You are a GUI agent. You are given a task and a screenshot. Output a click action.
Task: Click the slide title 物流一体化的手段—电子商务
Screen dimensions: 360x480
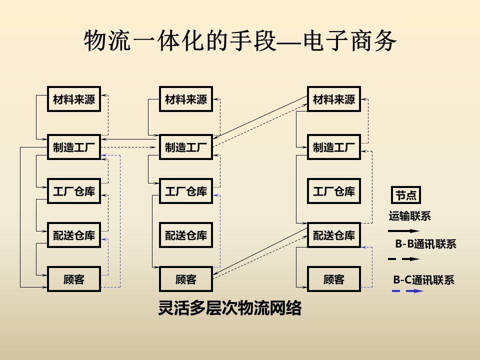[x=240, y=41]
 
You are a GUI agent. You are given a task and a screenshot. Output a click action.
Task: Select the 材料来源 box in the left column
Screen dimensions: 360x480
[x=74, y=99]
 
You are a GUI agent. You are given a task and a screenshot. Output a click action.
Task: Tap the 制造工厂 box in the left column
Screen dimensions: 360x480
[x=74, y=147]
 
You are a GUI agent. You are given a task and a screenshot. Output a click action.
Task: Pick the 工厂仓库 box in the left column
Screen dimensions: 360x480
[x=74, y=191]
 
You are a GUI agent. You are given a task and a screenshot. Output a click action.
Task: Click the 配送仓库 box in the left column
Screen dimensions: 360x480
[x=74, y=235]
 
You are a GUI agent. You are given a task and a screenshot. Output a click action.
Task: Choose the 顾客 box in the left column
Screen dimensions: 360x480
[x=74, y=279]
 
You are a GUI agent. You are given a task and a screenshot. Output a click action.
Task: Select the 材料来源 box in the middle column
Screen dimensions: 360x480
[x=186, y=99]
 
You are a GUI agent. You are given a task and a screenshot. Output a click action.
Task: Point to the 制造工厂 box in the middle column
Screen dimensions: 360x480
[x=186, y=147]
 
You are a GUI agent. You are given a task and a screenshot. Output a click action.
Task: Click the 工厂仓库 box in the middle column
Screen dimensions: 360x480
[x=186, y=191]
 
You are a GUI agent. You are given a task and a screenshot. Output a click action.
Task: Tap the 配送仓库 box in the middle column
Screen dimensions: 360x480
[x=186, y=235]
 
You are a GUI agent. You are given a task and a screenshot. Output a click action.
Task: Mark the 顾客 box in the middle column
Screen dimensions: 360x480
[x=186, y=279]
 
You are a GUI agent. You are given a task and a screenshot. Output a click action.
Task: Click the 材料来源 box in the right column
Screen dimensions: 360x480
[x=334, y=99]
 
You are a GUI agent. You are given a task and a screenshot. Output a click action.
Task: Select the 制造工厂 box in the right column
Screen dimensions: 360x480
[x=334, y=147]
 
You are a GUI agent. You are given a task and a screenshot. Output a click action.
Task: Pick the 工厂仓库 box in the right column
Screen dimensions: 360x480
[x=334, y=191]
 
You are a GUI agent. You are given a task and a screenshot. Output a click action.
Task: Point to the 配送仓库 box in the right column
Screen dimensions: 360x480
[x=334, y=235]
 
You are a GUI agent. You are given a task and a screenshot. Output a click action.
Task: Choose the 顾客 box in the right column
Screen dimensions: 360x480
[x=334, y=279]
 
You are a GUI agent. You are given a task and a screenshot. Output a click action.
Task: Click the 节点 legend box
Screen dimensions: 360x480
[x=405, y=195]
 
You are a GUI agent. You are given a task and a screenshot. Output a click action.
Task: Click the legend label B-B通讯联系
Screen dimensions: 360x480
[x=425, y=244]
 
